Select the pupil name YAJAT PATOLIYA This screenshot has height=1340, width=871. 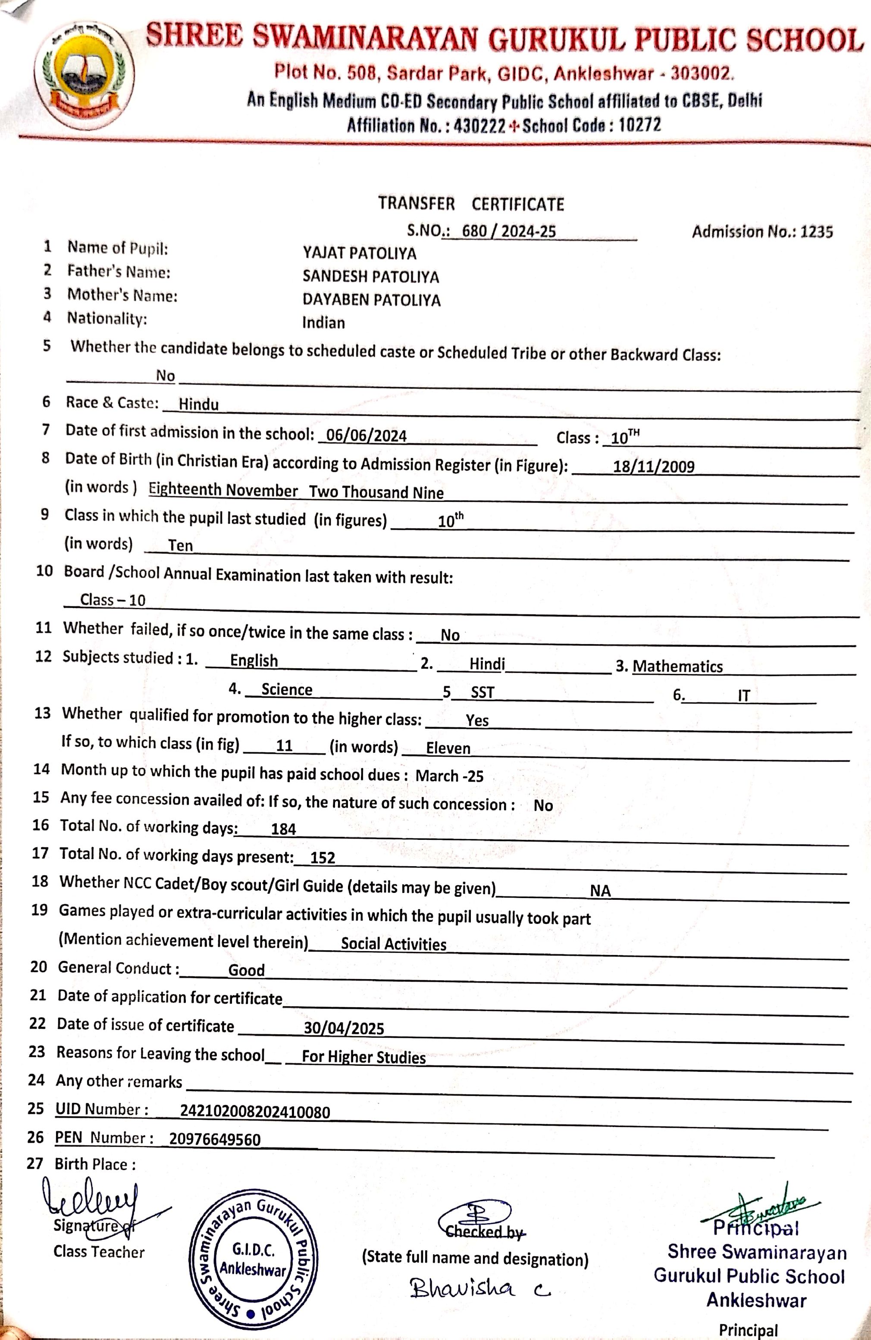pyautogui.click(x=359, y=254)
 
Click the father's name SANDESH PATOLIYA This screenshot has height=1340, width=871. pyautogui.click(x=370, y=276)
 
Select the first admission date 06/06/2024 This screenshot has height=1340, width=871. pyautogui.click(x=366, y=436)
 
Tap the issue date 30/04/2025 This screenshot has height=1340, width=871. pyautogui.click(x=344, y=1028)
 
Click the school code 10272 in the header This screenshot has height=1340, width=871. pyautogui.click(x=639, y=125)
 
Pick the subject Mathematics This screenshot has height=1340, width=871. pyautogui.click(x=677, y=667)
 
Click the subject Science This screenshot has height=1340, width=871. pyautogui.click(x=287, y=690)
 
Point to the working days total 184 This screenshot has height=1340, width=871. pyautogui.click(x=283, y=829)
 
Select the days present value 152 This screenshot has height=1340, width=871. pyautogui.click(x=323, y=858)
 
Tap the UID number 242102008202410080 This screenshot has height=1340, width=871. pyautogui.click(x=254, y=1111)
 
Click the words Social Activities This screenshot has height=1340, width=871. pyautogui.click(x=394, y=944)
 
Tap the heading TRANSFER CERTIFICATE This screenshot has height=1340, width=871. pyautogui.click(x=471, y=204)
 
